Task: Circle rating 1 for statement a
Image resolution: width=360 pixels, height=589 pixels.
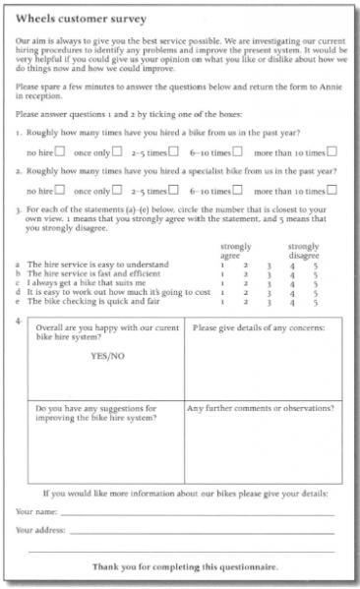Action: click(x=223, y=265)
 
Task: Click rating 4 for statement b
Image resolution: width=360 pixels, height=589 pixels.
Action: click(x=293, y=273)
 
